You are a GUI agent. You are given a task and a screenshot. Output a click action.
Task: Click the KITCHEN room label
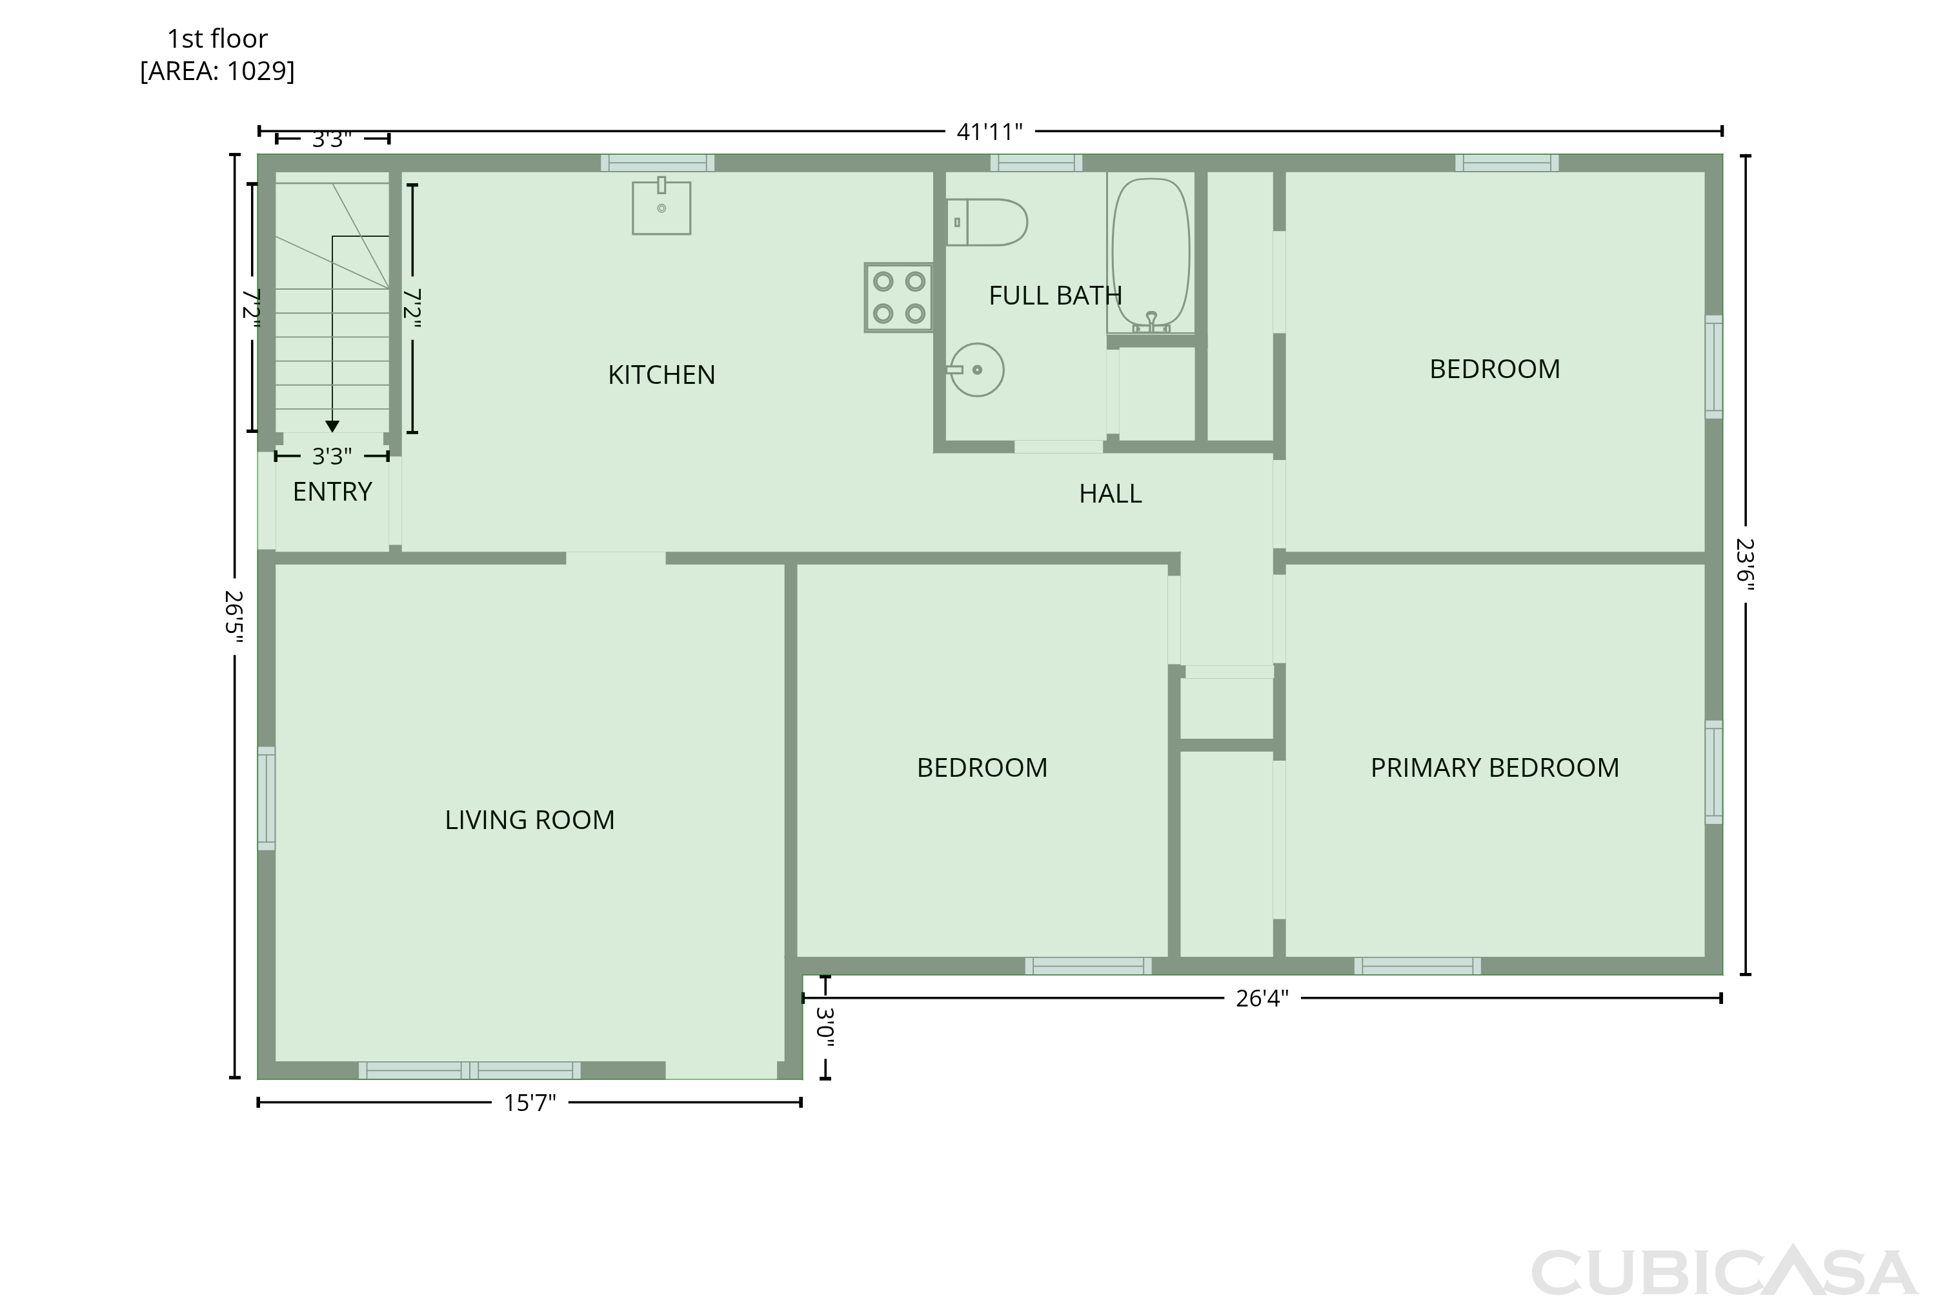661,375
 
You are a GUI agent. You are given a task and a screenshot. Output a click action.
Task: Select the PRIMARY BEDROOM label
1495,767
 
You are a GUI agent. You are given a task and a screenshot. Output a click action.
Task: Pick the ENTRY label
332,492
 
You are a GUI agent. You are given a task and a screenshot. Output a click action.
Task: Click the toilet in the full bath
987,223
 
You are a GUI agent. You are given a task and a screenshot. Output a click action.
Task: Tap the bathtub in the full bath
1151,255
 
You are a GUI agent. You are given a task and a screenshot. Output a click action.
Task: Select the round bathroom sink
976,370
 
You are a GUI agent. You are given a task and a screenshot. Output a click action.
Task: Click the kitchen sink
661,206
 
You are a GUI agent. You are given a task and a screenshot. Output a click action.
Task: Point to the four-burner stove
899,297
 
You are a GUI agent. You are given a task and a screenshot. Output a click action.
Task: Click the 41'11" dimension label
990,132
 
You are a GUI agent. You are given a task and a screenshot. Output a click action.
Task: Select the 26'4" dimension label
1262,998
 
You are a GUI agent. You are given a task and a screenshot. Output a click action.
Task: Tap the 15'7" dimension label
530,1103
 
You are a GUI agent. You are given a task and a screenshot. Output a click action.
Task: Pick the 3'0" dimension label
825,1027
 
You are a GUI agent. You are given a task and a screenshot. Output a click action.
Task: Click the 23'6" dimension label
1745,565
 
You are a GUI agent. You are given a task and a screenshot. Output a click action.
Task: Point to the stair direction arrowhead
332,426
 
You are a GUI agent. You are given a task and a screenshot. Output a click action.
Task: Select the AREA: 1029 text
217,71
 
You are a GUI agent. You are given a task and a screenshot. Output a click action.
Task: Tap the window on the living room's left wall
266,799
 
